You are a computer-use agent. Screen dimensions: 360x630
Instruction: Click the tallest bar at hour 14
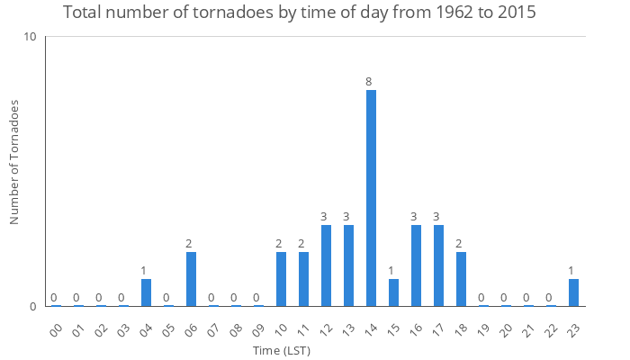[x=371, y=198]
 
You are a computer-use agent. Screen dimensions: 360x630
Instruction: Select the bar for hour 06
[x=191, y=279]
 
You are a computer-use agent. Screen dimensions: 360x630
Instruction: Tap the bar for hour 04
[x=146, y=292]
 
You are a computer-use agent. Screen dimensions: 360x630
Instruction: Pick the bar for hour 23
[x=573, y=292]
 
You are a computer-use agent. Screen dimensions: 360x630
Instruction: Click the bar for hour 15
[x=393, y=292]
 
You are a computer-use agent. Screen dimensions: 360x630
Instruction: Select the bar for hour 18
[x=461, y=279]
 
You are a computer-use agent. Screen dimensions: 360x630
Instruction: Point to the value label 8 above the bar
[x=368, y=82]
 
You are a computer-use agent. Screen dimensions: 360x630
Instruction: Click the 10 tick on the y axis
[x=30, y=37]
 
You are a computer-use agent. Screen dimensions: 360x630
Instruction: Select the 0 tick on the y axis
[x=32, y=306]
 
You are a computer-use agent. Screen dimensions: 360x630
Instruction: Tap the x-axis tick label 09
[x=257, y=325]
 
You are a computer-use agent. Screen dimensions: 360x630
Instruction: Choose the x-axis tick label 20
[x=505, y=325]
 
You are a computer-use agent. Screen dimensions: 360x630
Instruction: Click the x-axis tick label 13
[x=347, y=325]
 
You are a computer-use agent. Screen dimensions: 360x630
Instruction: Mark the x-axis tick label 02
[x=100, y=325]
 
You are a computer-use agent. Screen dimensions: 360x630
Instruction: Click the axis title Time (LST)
[x=282, y=349]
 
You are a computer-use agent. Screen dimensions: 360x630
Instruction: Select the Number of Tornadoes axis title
[x=14, y=162]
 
